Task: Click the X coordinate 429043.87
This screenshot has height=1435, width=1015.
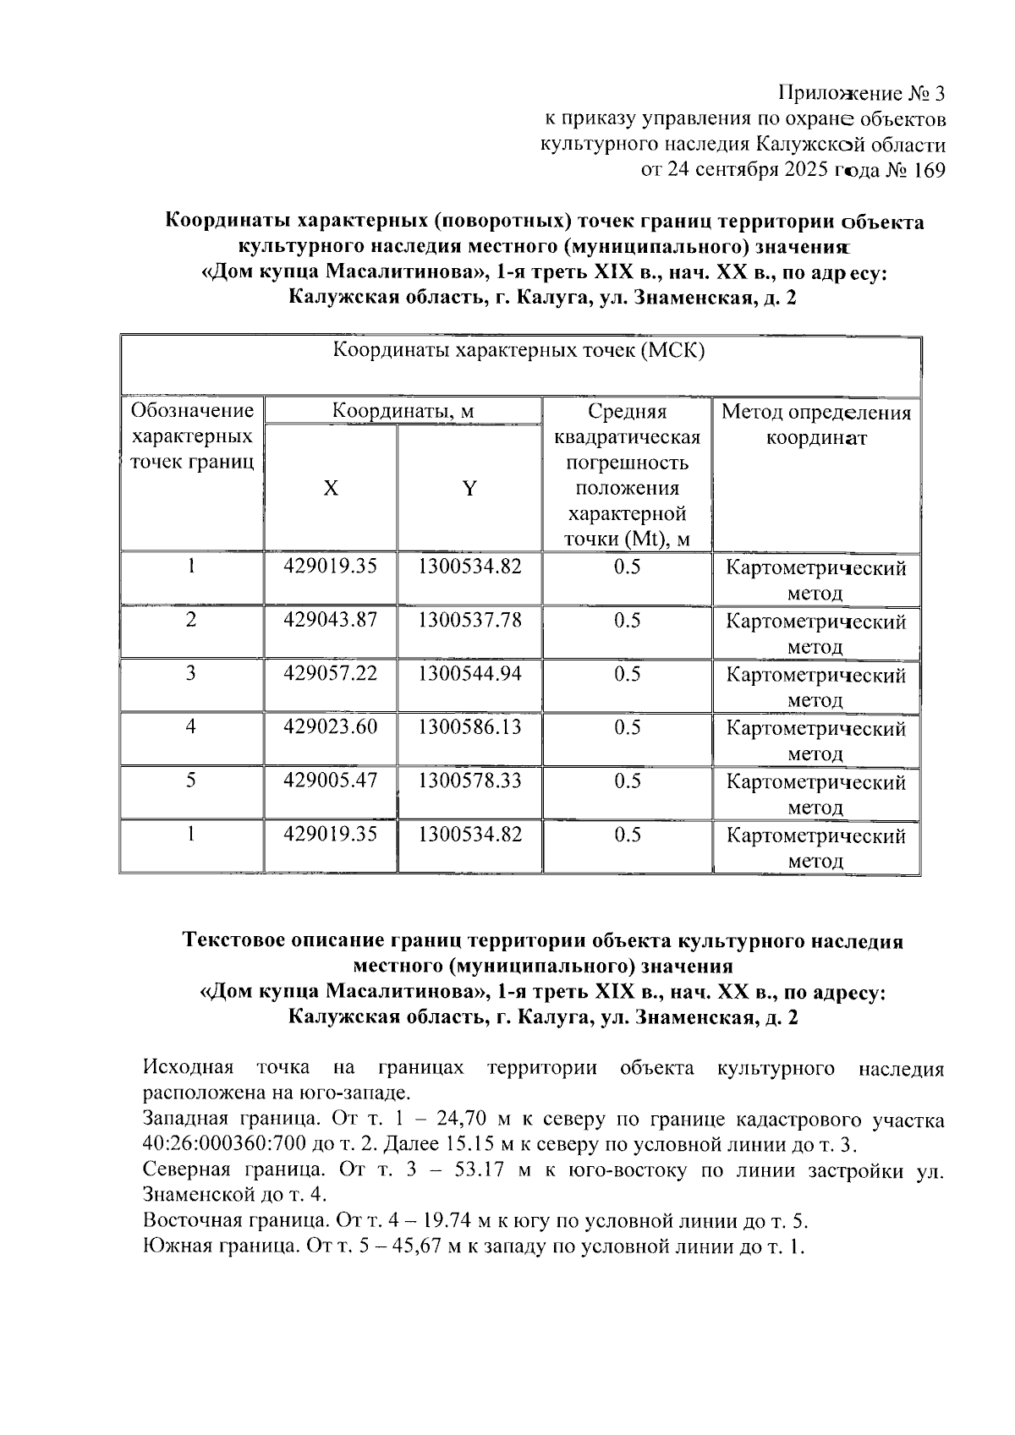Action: (x=330, y=620)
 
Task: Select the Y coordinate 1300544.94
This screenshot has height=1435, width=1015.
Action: (x=469, y=673)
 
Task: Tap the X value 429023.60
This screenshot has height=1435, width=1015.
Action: (x=330, y=726)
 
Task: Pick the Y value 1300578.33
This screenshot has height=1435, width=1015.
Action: (x=469, y=780)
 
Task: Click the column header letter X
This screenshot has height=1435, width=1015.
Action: (x=331, y=489)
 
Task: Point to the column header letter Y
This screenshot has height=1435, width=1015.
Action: (x=469, y=489)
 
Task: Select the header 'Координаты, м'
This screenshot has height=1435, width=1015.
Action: (x=403, y=411)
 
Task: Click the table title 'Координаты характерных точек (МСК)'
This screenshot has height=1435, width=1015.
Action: (x=518, y=350)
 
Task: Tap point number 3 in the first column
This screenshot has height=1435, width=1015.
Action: (x=191, y=673)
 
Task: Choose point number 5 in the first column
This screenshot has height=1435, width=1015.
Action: (x=191, y=780)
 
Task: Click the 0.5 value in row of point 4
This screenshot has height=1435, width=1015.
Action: (x=627, y=726)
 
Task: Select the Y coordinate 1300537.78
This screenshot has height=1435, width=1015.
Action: (x=469, y=620)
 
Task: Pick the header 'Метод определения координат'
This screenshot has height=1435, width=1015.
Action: (x=815, y=425)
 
